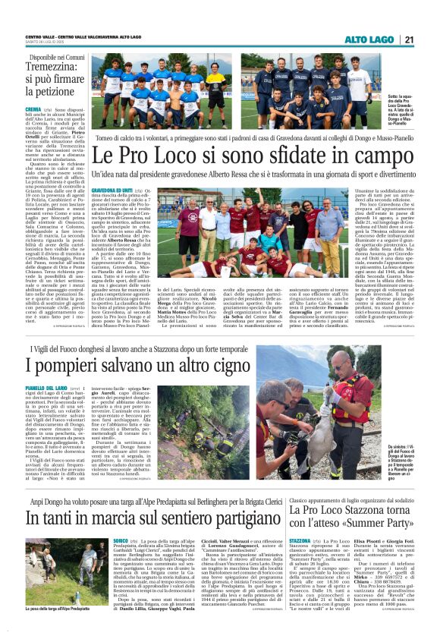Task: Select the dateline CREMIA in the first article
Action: tap(33, 109)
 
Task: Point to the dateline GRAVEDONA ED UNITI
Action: tap(112, 189)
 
